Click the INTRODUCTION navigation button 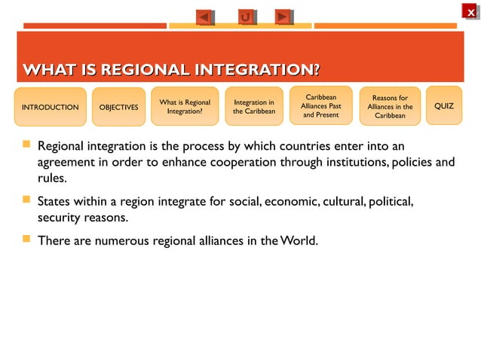[50, 107]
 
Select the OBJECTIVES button [119, 107]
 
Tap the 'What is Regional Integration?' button [185, 107]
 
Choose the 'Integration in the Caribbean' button [254, 107]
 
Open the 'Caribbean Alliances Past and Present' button [321, 106]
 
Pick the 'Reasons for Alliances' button [390, 107]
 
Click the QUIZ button [444, 106]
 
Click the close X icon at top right [470, 12]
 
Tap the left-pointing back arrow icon [204, 17]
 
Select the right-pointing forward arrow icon [283, 17]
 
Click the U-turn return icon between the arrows [245, 17]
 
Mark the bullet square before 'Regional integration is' [26, 143]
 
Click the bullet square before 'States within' [26, 201]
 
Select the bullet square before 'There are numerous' [26, 240]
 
